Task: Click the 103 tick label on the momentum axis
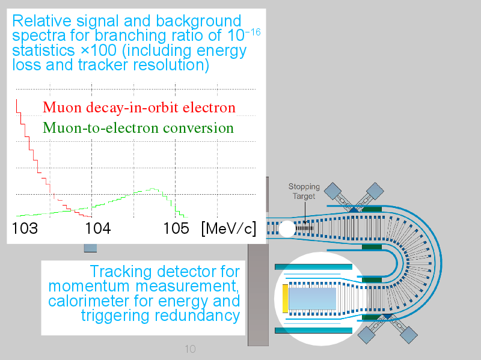[x=25, y=228]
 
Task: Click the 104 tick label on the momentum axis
[x=98, y=228]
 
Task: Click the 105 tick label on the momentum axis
[x=176, y=228]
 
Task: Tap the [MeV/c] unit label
[x=228, y=229]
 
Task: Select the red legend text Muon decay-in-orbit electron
[x=139, y=108]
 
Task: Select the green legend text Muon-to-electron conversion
[x=138, y=128]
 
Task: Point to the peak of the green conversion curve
[x=153, y=189]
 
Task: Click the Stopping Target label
[x=304, y=191]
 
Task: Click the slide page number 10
[x=190, y=349]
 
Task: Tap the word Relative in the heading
[x=41, y=21]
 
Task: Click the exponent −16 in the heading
[x=253, y=32]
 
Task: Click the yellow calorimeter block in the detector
[x=285, y=299]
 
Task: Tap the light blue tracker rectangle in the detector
[x=312, y=299]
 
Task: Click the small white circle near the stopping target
[x=287, y=229]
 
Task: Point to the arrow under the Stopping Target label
[x=305, y=212]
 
